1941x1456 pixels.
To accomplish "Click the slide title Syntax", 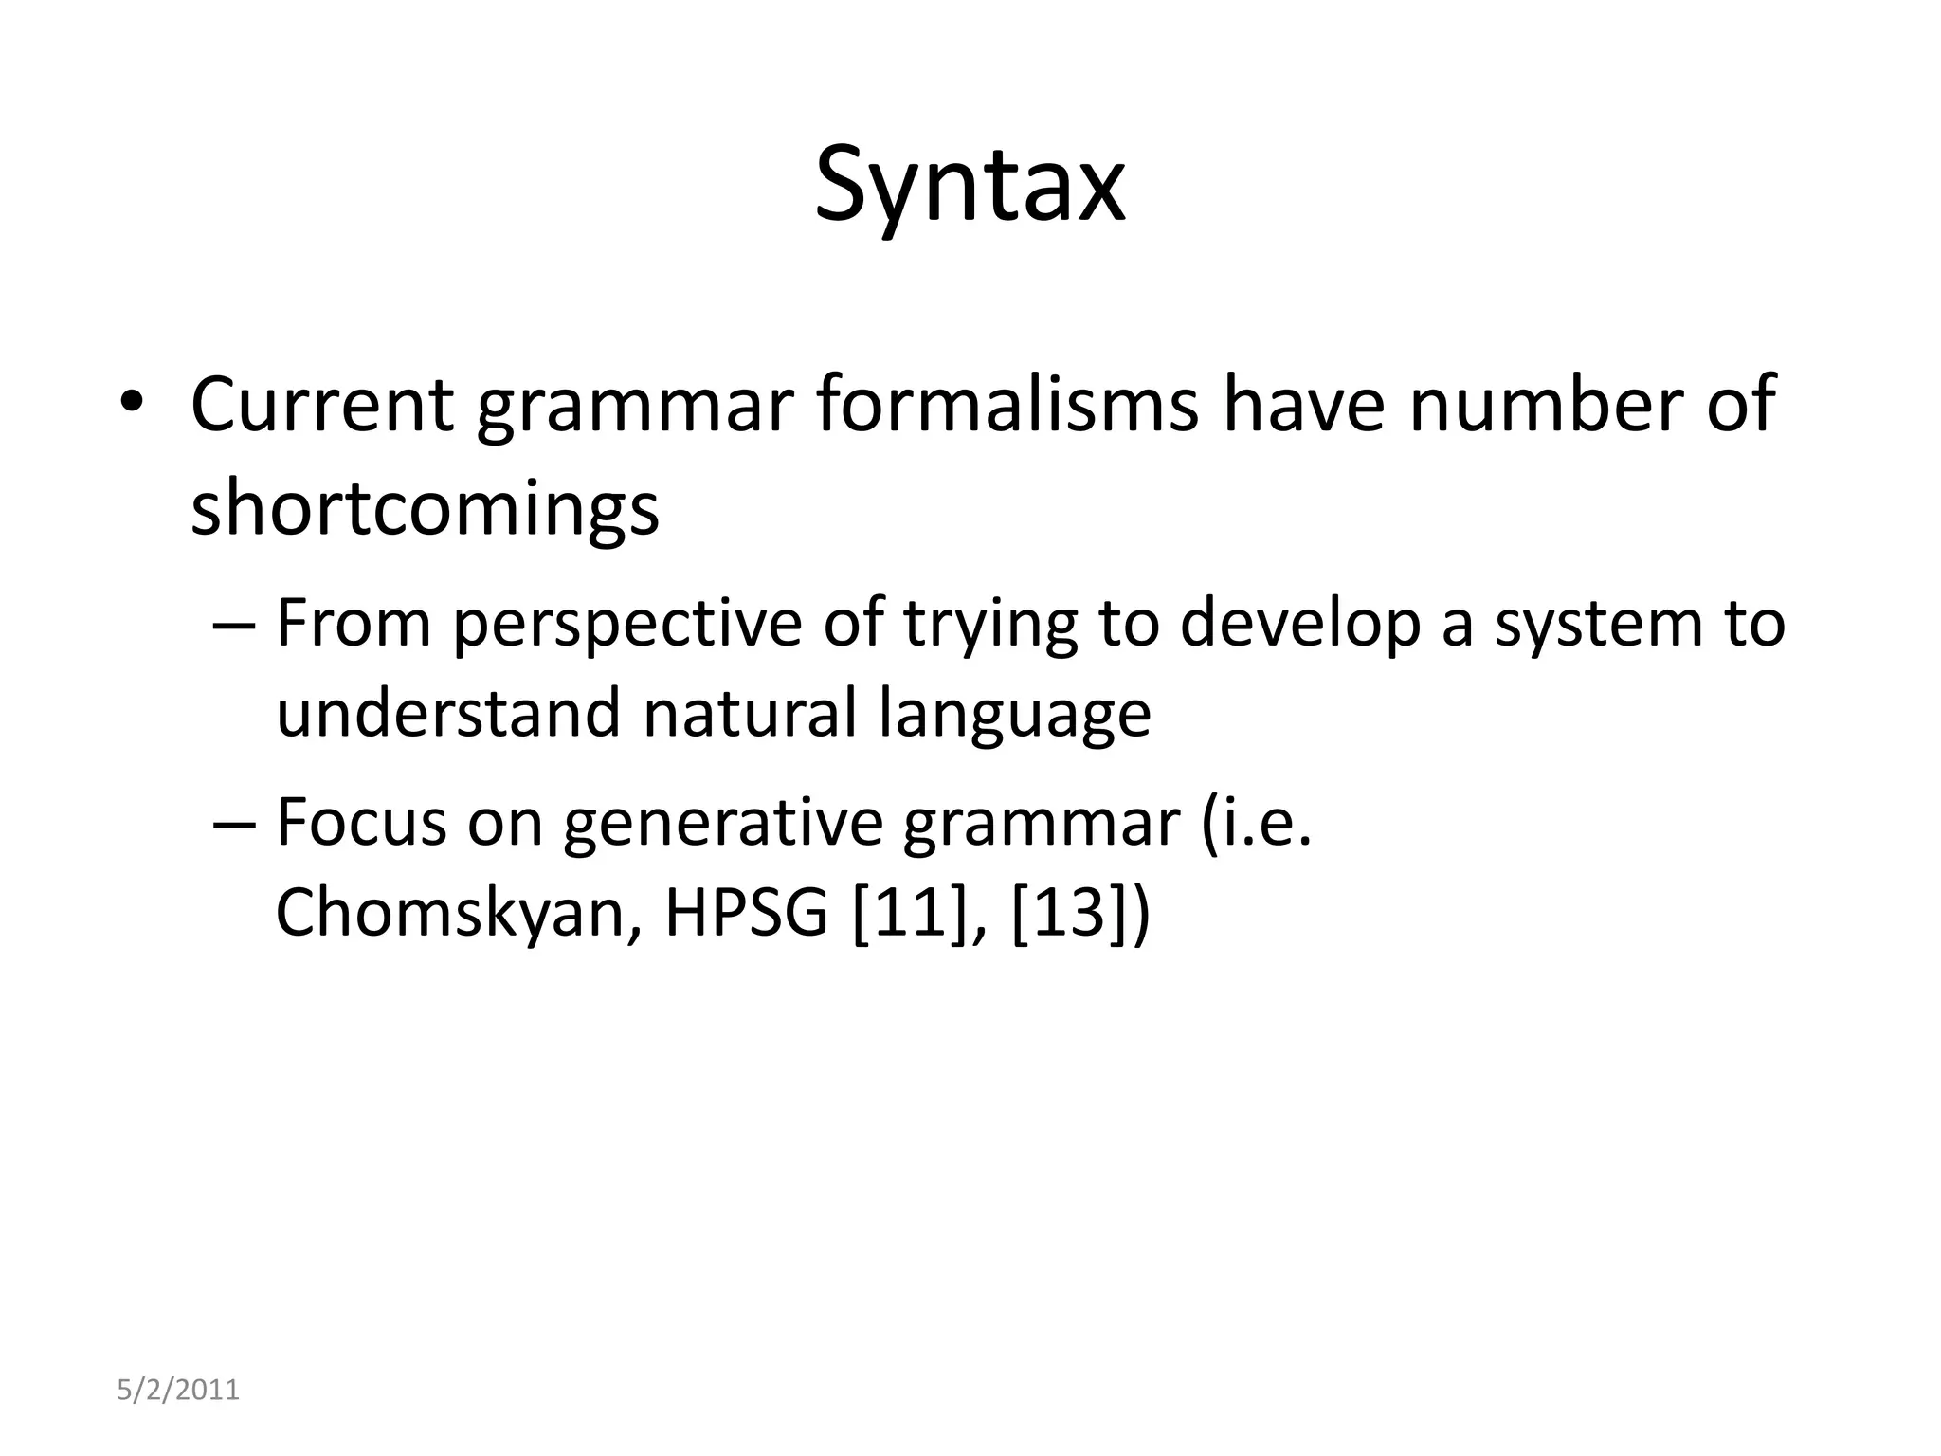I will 970,186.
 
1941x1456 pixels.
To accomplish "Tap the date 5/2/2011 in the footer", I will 178,1391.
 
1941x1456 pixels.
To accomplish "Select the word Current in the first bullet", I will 322,406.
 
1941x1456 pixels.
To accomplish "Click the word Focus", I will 361,823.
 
